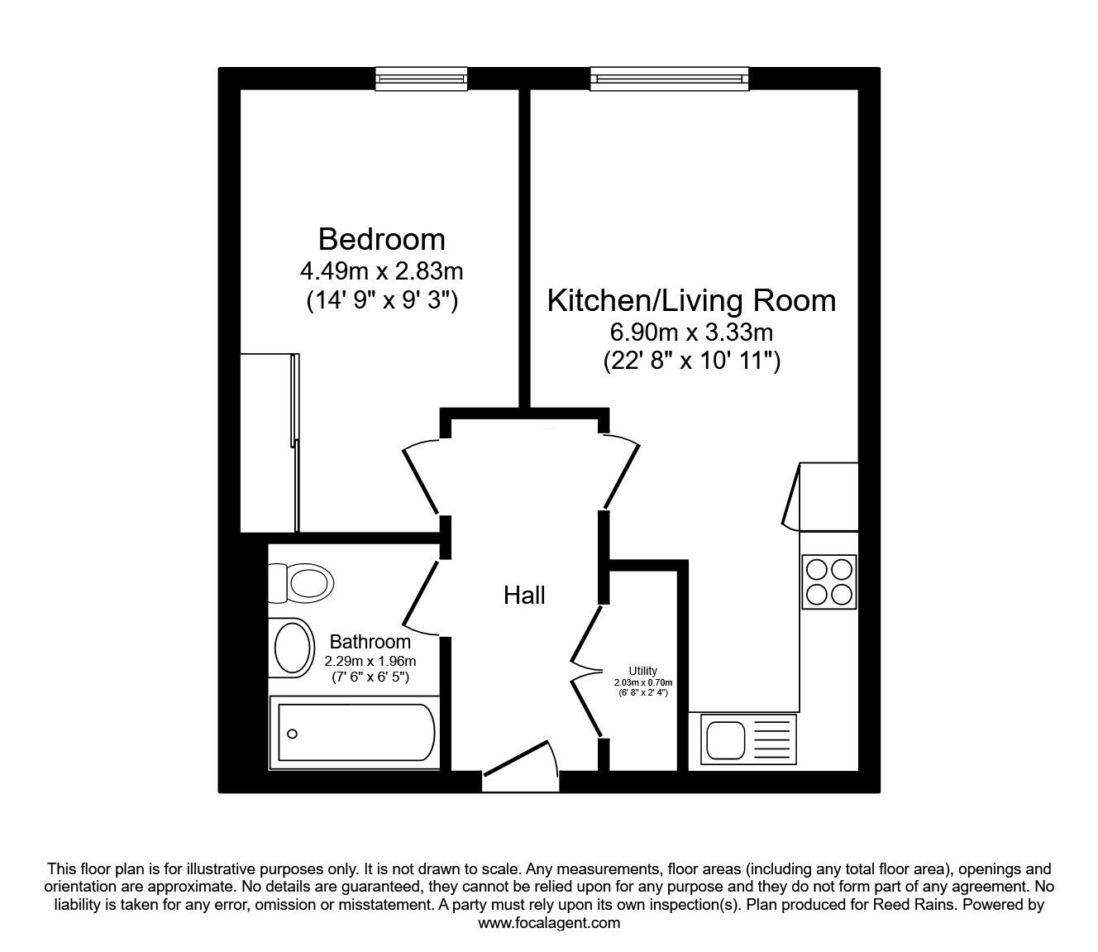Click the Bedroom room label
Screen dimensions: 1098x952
(x=381, y=239)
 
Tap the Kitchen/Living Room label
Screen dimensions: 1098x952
(x=692, y=301)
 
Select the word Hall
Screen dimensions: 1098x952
(x=524, y=596)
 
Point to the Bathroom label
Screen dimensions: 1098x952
(x=370, y=642)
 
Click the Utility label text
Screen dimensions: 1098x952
(x=642, y=671)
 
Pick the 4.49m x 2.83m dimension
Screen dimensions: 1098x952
(x=381, y=271)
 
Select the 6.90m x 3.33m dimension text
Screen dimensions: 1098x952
(x=691, y=332)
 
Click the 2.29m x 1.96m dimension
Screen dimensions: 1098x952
(x=370, y=662)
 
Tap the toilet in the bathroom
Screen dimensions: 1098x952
(x=301, y=583)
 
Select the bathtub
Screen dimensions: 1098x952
(x=355, y=733)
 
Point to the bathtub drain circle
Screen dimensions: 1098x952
(x=292, y=734)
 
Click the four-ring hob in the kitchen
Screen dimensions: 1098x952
(x=828, y=581)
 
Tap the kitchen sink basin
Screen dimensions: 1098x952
(x=723, y=739)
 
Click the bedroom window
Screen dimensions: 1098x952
(x=421, y=79)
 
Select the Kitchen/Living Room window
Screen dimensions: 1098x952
(x=670, y=79)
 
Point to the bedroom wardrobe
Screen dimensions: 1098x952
(x=270, y=443)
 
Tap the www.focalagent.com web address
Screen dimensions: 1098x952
(x=549, y=923)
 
